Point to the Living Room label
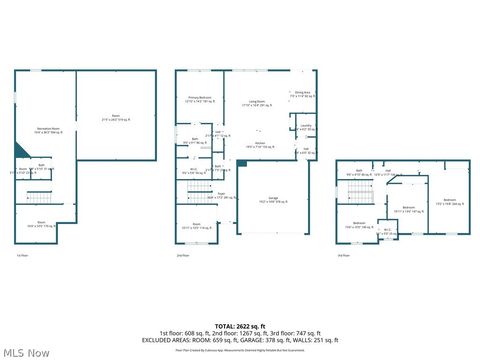pyautogui.click(x=256, y=102)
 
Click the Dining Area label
pyautogui.click(x=301, y=94)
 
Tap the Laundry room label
pyautogui.click(x=304, y=127)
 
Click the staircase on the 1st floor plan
pyautogui.click(x=39, y=195)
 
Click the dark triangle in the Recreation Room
pyautogui.click(x=20, y=150)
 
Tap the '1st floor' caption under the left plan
pyautogui.click(x=22, y=255)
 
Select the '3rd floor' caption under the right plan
pyautogui.click(x=343, y=255)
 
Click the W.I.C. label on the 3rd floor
pyautogui.click(x=387, y=230)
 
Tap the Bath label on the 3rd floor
pyautogui.click(x=359, y=171)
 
